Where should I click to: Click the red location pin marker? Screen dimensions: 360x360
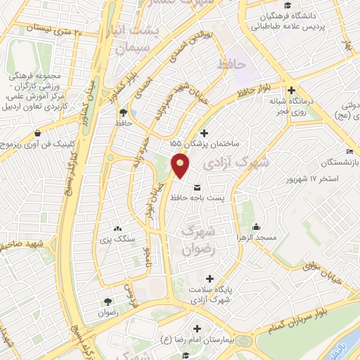181,167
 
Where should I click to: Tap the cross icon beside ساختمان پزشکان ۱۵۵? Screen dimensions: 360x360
205,132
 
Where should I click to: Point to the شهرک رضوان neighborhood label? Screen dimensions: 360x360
196,240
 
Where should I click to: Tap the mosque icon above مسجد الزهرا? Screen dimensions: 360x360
257,226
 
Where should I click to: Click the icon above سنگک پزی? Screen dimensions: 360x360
117,229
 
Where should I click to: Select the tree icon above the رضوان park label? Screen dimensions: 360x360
107,300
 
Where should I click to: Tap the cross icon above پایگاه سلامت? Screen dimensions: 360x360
210,278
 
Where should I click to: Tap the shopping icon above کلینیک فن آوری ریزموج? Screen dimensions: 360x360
46,131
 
